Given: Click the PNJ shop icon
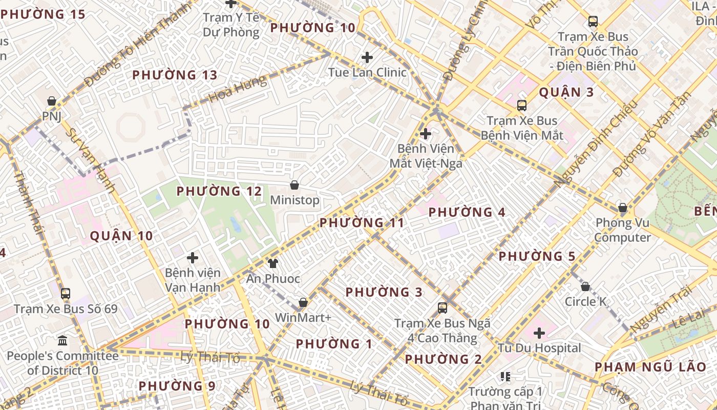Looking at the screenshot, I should click(51, 101).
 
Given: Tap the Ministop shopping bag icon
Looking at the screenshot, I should click(294, 184).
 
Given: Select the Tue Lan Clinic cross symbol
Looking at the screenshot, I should click(367, 57).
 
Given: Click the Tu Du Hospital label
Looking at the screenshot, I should click(539, 348).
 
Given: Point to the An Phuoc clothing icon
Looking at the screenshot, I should click(273, 263).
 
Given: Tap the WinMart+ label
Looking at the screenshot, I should click(303, 318).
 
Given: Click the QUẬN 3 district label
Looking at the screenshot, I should click(566, 92).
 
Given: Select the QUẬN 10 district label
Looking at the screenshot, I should click(121, 236).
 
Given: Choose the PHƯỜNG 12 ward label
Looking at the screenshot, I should click(219, 191).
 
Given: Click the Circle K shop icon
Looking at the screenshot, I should click(585, 286).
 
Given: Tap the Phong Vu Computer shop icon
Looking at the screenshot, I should click(623, 208).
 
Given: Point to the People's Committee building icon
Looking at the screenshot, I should click(62, 340).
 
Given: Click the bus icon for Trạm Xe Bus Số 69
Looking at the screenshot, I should click(66, 294).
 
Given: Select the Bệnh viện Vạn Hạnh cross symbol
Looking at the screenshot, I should click(193, 258).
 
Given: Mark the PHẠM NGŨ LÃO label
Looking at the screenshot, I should click(650, 367).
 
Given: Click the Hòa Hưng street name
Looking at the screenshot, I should click(238, 88).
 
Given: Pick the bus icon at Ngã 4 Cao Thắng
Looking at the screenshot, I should click(442, 308).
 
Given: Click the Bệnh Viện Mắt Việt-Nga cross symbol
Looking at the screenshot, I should click(426, 134).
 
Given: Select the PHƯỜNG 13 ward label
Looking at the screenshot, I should click(175, 75).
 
